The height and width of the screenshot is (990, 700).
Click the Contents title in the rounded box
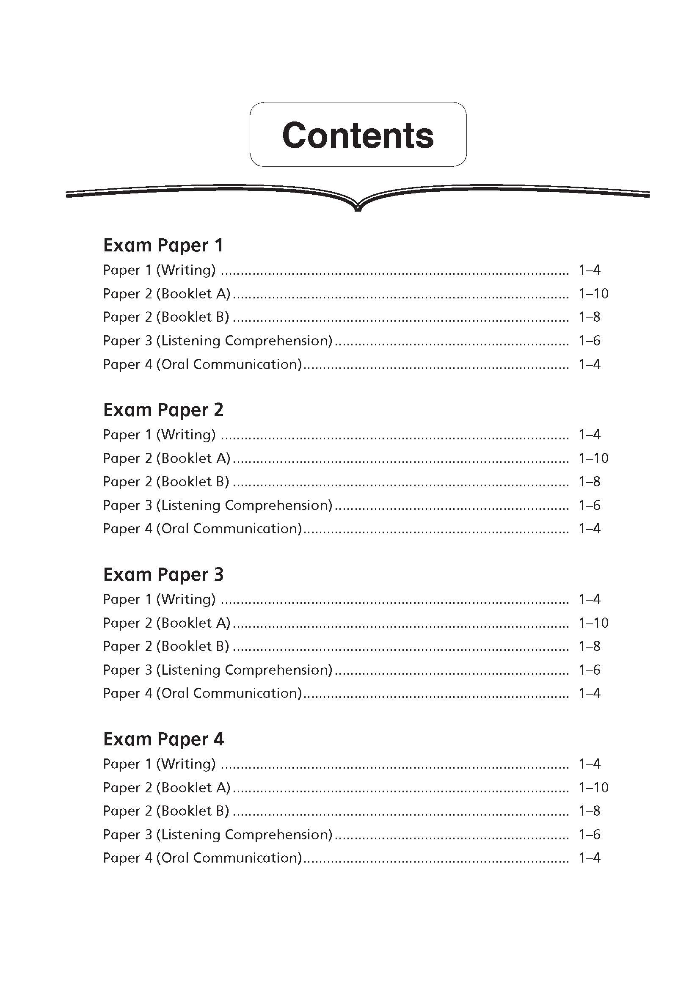coord(358,135)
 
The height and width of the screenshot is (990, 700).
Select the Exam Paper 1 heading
coord(163,245)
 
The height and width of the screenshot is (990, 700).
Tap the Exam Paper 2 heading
coord(163,410)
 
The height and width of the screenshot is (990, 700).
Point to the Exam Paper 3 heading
coord(163,574)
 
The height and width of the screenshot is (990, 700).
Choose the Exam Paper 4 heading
coord(163,739)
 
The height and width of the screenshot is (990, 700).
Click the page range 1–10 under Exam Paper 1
coord(593,294)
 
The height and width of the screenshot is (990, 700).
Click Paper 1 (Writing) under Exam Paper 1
coord(159,270)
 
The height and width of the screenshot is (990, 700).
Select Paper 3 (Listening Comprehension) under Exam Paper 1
coord(218,341)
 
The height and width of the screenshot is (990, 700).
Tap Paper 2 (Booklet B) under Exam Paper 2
coord(166,481)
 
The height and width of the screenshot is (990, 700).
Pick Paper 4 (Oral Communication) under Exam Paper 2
coord(202,528)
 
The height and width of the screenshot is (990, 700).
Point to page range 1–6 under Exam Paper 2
coord(589,505)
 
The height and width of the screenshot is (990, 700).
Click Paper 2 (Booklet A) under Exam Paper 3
coord(166,623)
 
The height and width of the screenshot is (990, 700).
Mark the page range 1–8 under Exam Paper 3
coord(589,646)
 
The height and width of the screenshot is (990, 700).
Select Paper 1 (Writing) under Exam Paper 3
coord(159,599)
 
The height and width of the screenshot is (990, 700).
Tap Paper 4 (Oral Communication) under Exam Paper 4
coord(202,858)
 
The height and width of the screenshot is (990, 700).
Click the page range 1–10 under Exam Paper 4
coord(593,787)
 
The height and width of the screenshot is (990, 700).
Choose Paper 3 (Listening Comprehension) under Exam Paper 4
coord(218,834)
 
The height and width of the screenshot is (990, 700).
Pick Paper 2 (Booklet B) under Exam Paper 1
coord(166,317)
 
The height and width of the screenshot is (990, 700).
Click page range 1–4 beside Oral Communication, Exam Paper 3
coord(589,693)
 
